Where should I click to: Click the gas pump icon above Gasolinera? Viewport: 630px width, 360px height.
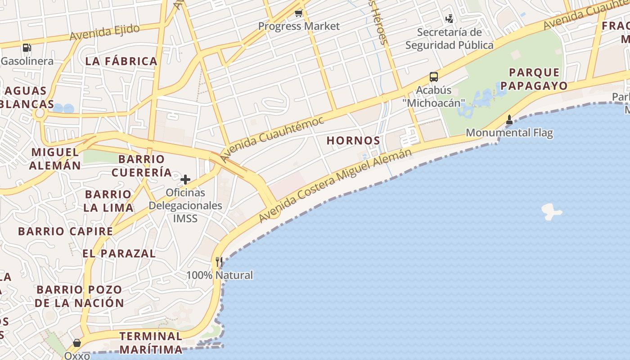coord(27,47)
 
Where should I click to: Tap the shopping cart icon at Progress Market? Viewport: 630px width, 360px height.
coord(298,13)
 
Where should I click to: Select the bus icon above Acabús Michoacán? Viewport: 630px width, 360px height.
coord(433,77)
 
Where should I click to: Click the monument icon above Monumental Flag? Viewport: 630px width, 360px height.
coord(509,120)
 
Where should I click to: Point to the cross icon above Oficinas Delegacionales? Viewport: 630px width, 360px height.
coord(185,180)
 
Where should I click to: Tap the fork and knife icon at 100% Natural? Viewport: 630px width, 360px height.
coord(219,262)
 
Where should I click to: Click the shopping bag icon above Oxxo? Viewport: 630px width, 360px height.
coord(77,343)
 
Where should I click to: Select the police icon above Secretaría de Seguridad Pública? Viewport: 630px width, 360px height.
coord(449,19)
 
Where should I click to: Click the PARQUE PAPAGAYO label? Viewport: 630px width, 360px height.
coord(534,79)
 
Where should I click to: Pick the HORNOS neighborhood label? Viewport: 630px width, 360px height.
coord(353,140)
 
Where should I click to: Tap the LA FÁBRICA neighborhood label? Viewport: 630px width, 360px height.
coord(121,61)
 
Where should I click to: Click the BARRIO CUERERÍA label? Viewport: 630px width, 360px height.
coord(142,166)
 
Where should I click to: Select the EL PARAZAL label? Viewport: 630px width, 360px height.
coord(119,253)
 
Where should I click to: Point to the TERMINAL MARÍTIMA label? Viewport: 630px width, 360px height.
coord(151,343)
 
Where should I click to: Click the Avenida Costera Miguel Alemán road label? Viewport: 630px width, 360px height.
coord(335,185)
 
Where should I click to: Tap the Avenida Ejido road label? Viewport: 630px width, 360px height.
coord(104,32)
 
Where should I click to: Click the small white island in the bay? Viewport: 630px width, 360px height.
coord(551,211)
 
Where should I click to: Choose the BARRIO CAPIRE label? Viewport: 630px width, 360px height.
coord(65,231)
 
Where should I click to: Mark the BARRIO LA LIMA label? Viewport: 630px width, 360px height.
coord(108,201)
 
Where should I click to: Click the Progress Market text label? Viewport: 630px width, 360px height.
coord(299,26)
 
